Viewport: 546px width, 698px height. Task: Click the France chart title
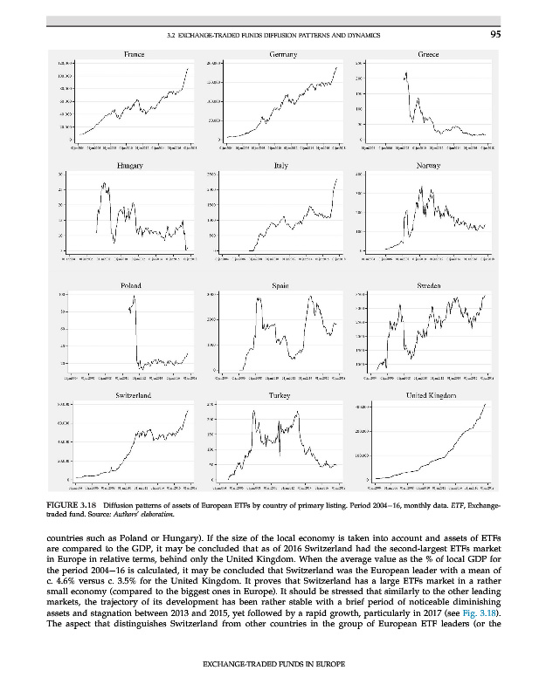[129, 55]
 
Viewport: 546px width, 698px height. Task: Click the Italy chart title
[281, 166]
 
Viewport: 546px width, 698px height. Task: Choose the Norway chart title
[427, 166]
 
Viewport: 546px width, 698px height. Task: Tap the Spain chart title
[281, 285]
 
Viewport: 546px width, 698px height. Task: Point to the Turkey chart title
[281, 396]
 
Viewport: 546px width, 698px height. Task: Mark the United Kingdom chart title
[427, 396]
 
